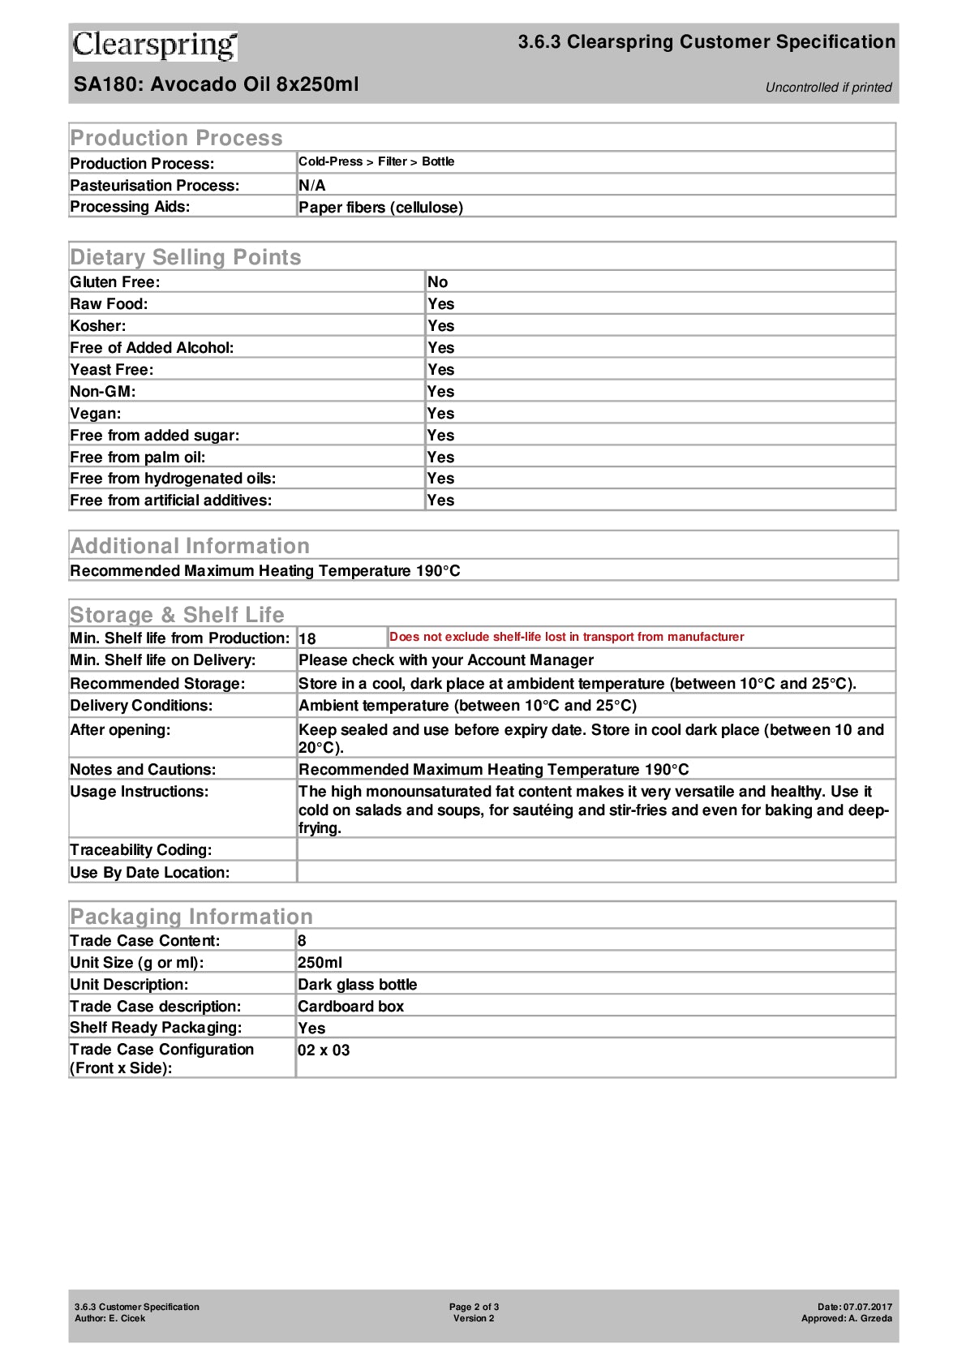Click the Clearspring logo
154,45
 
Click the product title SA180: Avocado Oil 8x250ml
216,84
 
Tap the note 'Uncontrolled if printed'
828,88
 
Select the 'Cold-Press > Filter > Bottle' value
376,161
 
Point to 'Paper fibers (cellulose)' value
380,208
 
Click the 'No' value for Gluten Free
437,282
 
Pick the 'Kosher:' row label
98,326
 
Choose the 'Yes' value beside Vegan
440,414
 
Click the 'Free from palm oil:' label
138,457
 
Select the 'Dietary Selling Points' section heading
186,257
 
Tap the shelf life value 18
307,639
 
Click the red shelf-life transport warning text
566,638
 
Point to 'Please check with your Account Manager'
446,661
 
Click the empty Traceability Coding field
595,850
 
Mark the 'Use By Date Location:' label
150,873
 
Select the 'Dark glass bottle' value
357,985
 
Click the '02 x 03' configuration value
324,1050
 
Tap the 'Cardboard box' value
350,1007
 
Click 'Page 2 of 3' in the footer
474,1307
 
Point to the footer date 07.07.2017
867,1307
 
